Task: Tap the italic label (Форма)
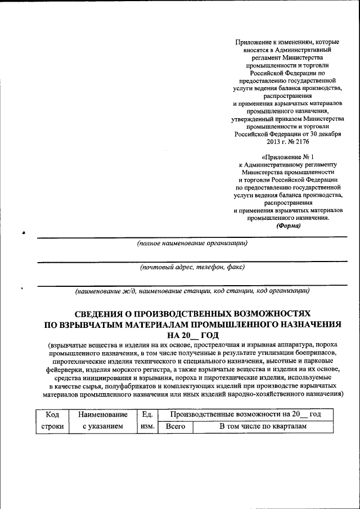[x=289, y=226]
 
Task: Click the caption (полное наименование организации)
[x=192, y=244]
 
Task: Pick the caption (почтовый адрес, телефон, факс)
[x=192, y=267]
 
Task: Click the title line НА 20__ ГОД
[x=192, y=335]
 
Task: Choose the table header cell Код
[x=52, y=415]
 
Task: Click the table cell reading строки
[x=52, y=428]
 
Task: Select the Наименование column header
[x=103, y=415]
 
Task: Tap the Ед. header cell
[x=148, y=415]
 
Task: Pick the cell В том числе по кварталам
[x=263, y=428]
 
